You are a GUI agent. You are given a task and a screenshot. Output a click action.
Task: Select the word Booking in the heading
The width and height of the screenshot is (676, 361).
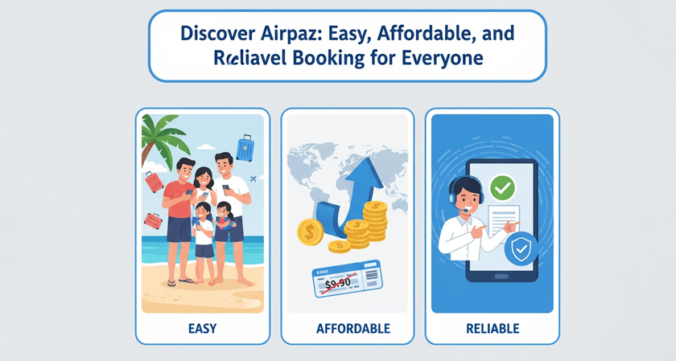click(332, 58)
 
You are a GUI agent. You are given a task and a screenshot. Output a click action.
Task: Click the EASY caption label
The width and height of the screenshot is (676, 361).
click(202, 328)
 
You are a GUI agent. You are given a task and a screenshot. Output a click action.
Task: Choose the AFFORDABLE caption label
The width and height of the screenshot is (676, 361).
click(347, 328)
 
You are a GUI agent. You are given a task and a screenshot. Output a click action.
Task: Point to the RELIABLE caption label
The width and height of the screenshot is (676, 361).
click(492, 328)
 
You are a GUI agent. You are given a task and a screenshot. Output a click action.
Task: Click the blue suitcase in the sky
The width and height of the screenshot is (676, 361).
click(245, 149)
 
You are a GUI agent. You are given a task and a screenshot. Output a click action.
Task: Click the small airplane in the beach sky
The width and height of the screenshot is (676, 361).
click(254, 178)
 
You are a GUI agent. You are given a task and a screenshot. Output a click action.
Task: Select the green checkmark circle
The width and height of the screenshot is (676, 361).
click(502, 189)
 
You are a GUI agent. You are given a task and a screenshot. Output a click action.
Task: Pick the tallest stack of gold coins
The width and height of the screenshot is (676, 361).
click(375, 225)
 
